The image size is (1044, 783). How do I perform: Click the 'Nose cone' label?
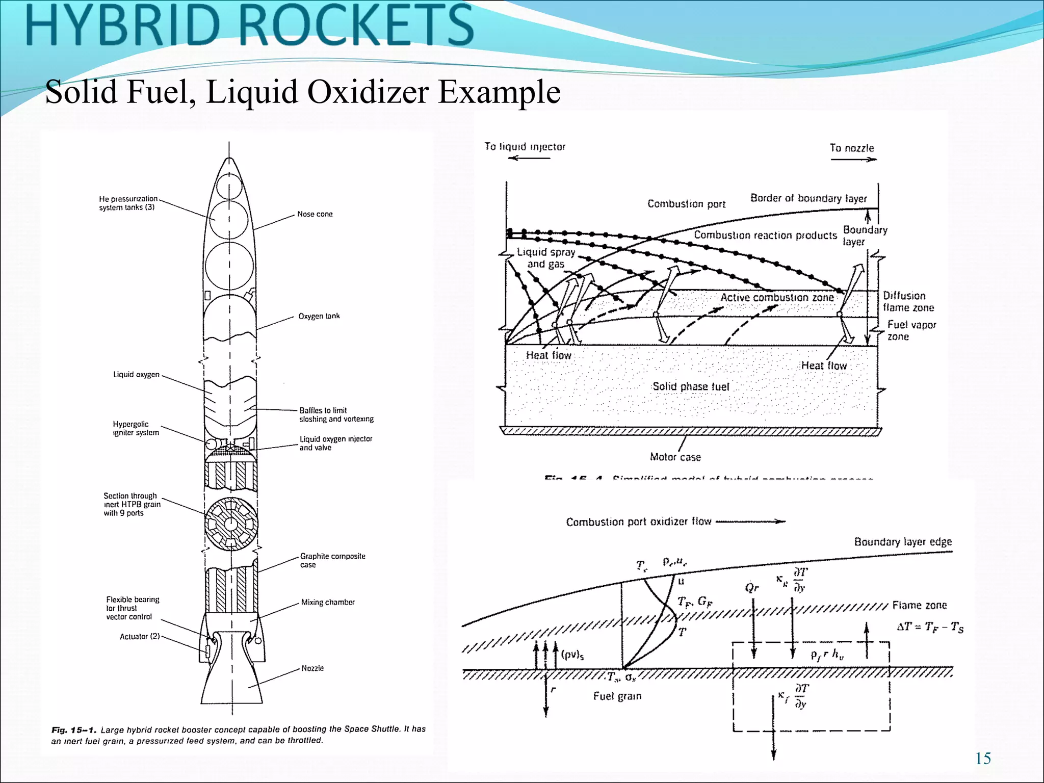[x=315, y=214]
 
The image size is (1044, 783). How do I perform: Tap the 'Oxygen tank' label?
[x=319, y=316]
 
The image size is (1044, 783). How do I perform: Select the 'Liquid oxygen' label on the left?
[x=136, y=375]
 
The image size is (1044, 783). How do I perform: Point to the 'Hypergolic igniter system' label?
[x=136, y=428]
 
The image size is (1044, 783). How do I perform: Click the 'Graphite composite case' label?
[x=332, y=560]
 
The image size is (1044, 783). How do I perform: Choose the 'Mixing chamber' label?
[x=328, y=602]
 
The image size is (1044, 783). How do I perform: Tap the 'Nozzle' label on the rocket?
[x=312, y=668]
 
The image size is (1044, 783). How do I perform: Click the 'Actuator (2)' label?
[x=140, y=636]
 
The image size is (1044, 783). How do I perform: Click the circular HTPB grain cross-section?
[x=231, y=524]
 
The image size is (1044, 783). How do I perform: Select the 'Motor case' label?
[x=675, y=457]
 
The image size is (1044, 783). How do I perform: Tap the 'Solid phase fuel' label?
[x=691, y=386]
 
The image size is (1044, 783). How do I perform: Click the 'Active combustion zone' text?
[x=777, y=297]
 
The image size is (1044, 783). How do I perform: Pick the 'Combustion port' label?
[x=686, y=204]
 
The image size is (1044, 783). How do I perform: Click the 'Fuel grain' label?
[x=617, y=696]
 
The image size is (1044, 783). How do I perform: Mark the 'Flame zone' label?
[x=919, y=605]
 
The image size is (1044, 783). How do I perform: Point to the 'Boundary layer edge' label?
[x=903, y=541]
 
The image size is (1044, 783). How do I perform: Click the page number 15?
[x=983, y=759]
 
